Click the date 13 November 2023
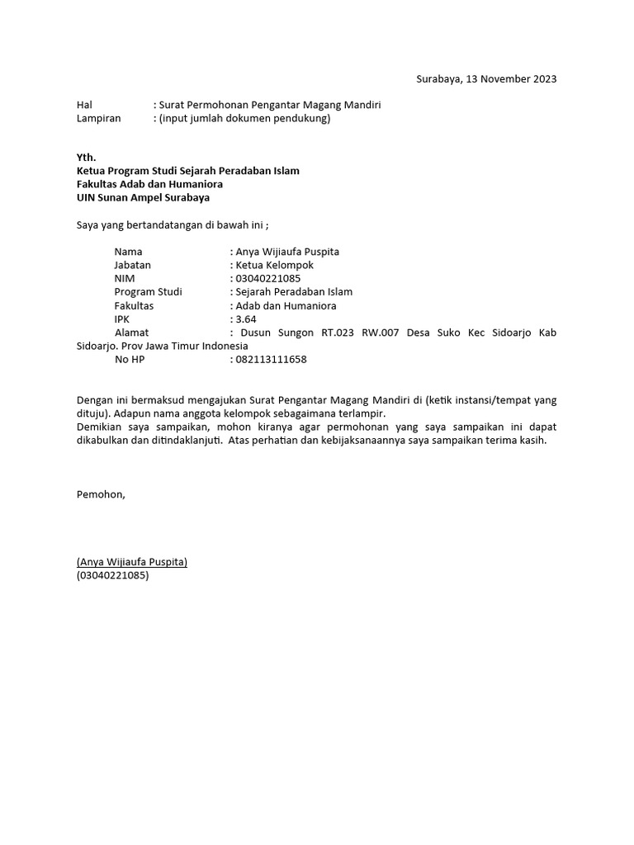tap(511, 79)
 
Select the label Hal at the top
tap(84, 105)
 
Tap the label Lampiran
tap(98, 118)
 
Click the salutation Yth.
tap(86, 157)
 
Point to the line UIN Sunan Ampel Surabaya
tap(143, 197)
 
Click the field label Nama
tap(128, 252)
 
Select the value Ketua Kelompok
tap(275, 265)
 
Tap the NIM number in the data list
tap(267, 278)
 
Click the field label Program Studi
tap(148, 292)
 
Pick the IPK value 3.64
tap(245, 319)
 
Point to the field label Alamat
tap(131, 333)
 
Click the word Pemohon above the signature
tap(101, 494)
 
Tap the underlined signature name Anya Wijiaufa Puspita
tap(132, 562)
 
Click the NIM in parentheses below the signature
tap(112, 575)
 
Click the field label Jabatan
tap(132, 265)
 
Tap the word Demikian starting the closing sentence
tap(101, 427)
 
